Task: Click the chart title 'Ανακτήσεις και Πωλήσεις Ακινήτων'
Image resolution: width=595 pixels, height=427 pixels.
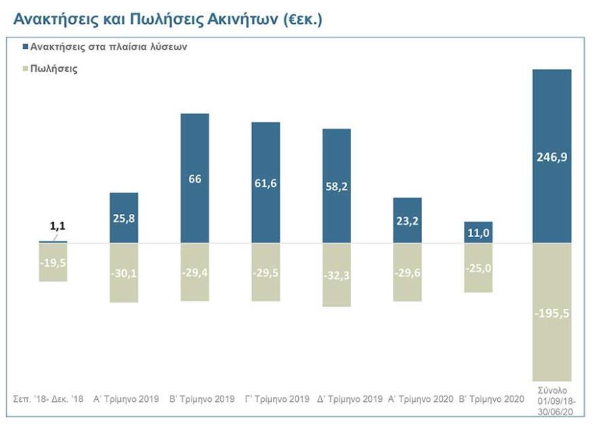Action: click(167, 19)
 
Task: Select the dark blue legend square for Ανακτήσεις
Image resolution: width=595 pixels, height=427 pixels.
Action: click(26, 48)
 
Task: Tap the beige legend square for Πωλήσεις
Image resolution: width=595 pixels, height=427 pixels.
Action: click(26, 69)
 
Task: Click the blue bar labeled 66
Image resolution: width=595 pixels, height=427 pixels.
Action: click(195, 178)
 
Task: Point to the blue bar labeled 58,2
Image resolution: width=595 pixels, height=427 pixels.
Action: click(336, 185)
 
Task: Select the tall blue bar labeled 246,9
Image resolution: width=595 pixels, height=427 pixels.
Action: click(552, 156)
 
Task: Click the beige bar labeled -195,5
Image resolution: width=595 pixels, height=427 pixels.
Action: click(552, 312)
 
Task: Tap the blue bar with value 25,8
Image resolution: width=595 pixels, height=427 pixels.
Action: click(124, 217)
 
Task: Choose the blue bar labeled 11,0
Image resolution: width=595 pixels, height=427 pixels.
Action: click(478, 232)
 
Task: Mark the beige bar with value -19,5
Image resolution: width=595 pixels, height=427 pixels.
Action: click(53, 261)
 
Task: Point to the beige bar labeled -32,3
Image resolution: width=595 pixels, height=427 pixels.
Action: click(336, 274)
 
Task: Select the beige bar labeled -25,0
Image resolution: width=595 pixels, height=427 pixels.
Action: click(478, 267)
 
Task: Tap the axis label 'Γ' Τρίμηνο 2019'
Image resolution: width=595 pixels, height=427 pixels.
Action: click(277, 398)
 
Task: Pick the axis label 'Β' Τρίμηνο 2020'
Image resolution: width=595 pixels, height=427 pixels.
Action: click(491, 398)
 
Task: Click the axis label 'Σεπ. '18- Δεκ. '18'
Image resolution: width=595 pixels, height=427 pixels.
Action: click(48, 398)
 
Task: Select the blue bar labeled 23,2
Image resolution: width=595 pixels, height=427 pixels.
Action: click(408, 220)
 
